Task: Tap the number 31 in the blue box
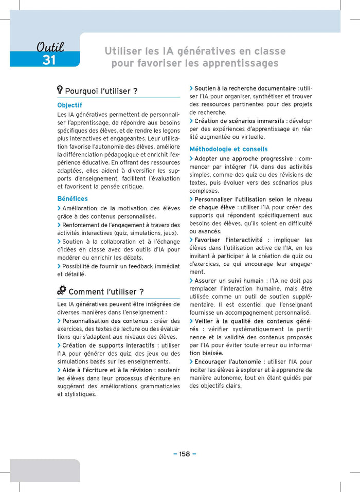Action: [49, 60]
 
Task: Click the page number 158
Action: [185, 453]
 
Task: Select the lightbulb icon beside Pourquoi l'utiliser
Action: [60, 90]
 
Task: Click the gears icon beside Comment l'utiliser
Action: [62, 290]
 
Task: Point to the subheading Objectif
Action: [69, 105]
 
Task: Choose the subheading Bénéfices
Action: [73, 198]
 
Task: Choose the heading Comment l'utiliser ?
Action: [106, 291]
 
